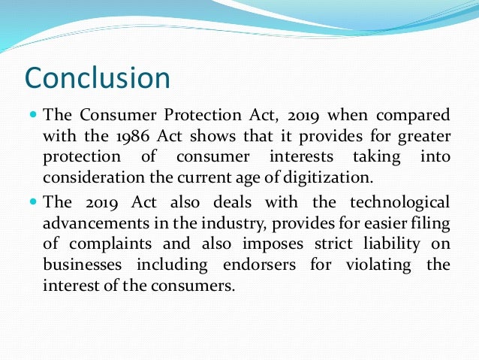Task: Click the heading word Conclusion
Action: tap(98, 77)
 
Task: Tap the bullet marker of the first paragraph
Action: tap(33, 116)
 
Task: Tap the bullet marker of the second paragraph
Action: tap(33, 201)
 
